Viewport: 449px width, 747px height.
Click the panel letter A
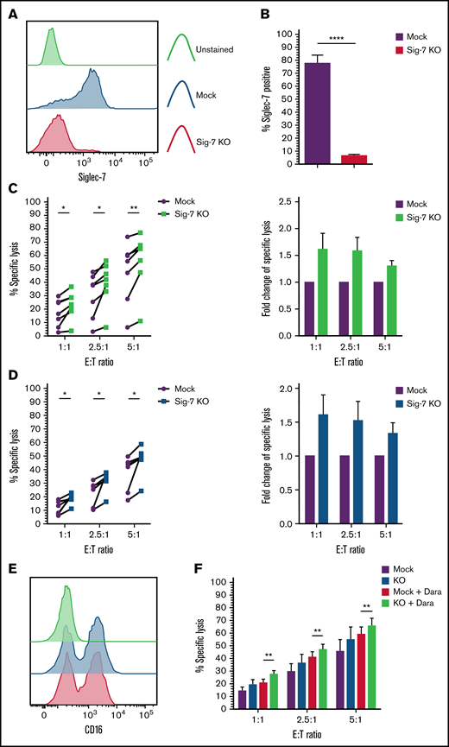point(9,9)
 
